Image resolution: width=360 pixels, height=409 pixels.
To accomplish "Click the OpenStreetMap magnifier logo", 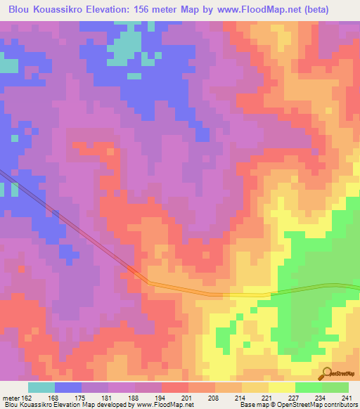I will click(x=327, y=375).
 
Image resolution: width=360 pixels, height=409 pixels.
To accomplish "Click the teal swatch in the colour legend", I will click(x=41, y=387).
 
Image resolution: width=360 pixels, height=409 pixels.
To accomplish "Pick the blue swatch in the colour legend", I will click(x=68, y=387).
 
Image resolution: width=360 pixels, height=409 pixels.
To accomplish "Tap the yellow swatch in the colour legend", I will click(x=282, y=387).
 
